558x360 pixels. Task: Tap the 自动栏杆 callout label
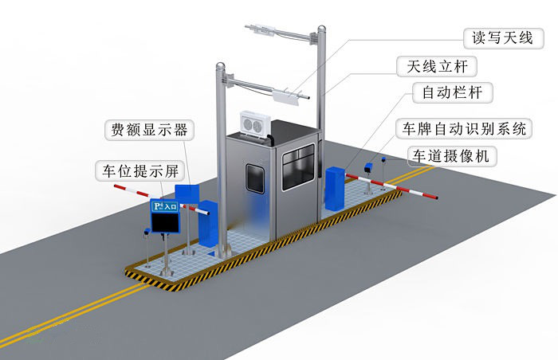(x=452, y=92)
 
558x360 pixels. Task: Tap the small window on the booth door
(x=256, y=178)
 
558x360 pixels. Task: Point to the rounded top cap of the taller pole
(x=320, y=30)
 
